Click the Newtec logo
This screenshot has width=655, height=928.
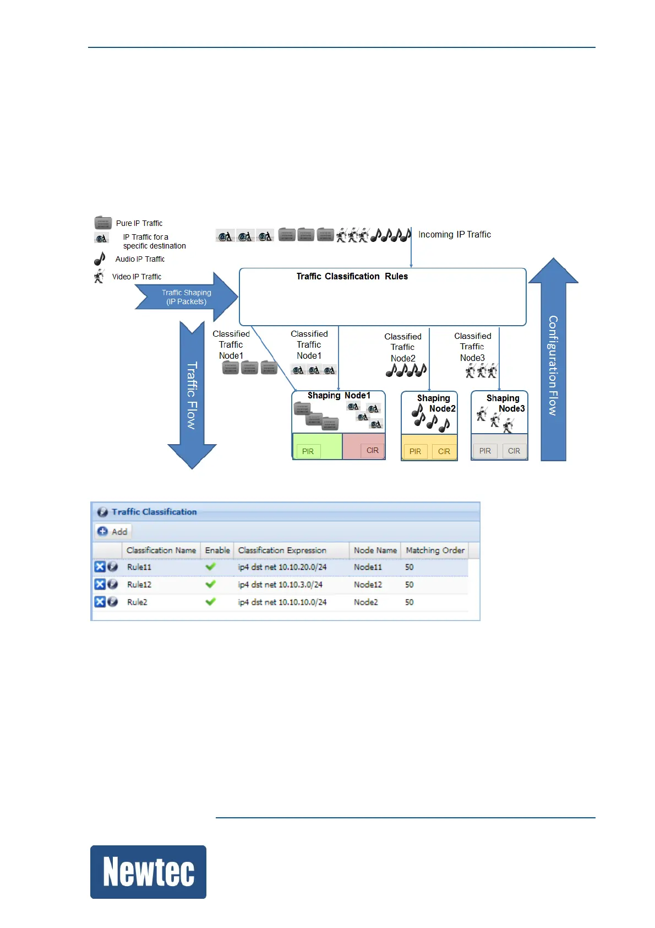point(148,871)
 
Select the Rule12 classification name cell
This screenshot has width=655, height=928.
point(139,585)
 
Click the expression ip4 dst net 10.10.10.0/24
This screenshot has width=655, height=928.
point(282,602)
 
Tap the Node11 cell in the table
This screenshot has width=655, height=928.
point(368,567)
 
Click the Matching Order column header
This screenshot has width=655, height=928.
point(435,550)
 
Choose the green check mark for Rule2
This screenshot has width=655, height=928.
point(210,602)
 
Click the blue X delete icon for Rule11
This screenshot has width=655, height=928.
point(100,567)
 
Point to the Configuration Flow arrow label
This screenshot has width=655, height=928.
point(553,365)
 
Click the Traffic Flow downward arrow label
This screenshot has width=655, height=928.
point(192,395)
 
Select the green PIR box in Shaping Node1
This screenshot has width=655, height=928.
point(308,451)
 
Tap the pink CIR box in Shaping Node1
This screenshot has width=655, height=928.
point(372,450)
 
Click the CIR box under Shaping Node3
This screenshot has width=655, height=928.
point(514,451)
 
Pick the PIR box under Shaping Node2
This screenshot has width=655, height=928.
point(415,451)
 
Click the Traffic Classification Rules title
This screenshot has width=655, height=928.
point(352,276)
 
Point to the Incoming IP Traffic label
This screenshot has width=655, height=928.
point(454,234)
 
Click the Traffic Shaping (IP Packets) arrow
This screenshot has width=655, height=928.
point(187,297)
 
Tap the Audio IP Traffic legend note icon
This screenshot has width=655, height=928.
point(100,258)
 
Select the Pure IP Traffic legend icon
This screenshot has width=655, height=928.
point(103,223)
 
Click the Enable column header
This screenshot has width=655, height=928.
point(217,550)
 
